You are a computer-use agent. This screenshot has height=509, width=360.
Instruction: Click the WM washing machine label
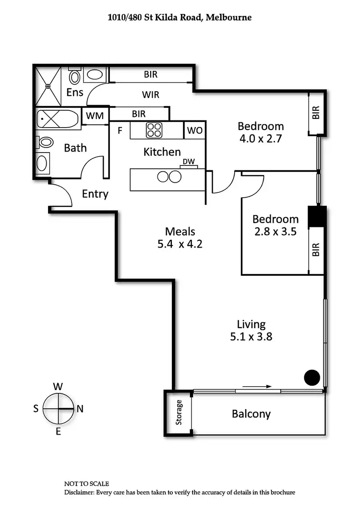pyautogui.click(x=95, y=116)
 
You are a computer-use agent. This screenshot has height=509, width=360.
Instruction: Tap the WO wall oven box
pyautogui.click(x=194, y=130)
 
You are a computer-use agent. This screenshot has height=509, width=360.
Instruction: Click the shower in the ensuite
pyautogui.click(x=48, y=86)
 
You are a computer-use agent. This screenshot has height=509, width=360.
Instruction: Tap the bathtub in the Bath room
pyautogui.click(x=58, y=118)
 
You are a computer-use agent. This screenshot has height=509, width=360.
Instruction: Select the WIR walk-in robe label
pyautogui.click(x=151, y=95)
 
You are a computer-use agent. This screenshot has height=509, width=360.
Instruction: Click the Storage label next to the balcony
pyautogui.click(x=179, y=413)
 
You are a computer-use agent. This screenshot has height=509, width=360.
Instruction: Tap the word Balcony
pyautogui.click(x=251, y=414)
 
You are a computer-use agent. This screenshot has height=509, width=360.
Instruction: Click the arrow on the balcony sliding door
pyautogui.click(x=257, y=386)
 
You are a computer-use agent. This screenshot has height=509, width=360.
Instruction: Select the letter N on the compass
pyautogui.click(x=80, y=409)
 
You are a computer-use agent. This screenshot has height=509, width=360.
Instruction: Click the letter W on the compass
pyautogui.click(x=58, y=386)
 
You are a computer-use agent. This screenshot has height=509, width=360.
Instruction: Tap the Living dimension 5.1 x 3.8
pyautogui.click(x=251, y=337)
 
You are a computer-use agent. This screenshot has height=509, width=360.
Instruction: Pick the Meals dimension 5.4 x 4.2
pyautogui.click(x=180, y=244)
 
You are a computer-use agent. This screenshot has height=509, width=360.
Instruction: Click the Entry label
pyautogui.click(x=95, y=194)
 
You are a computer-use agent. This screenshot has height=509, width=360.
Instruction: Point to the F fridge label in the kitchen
pyautogui.click(x=120, y=130)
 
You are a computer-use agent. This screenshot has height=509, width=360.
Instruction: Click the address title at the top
pyautogui.click(x=180, y=17)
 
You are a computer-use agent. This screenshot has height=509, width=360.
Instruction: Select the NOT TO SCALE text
pyautogui.click(x=87, y=484)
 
